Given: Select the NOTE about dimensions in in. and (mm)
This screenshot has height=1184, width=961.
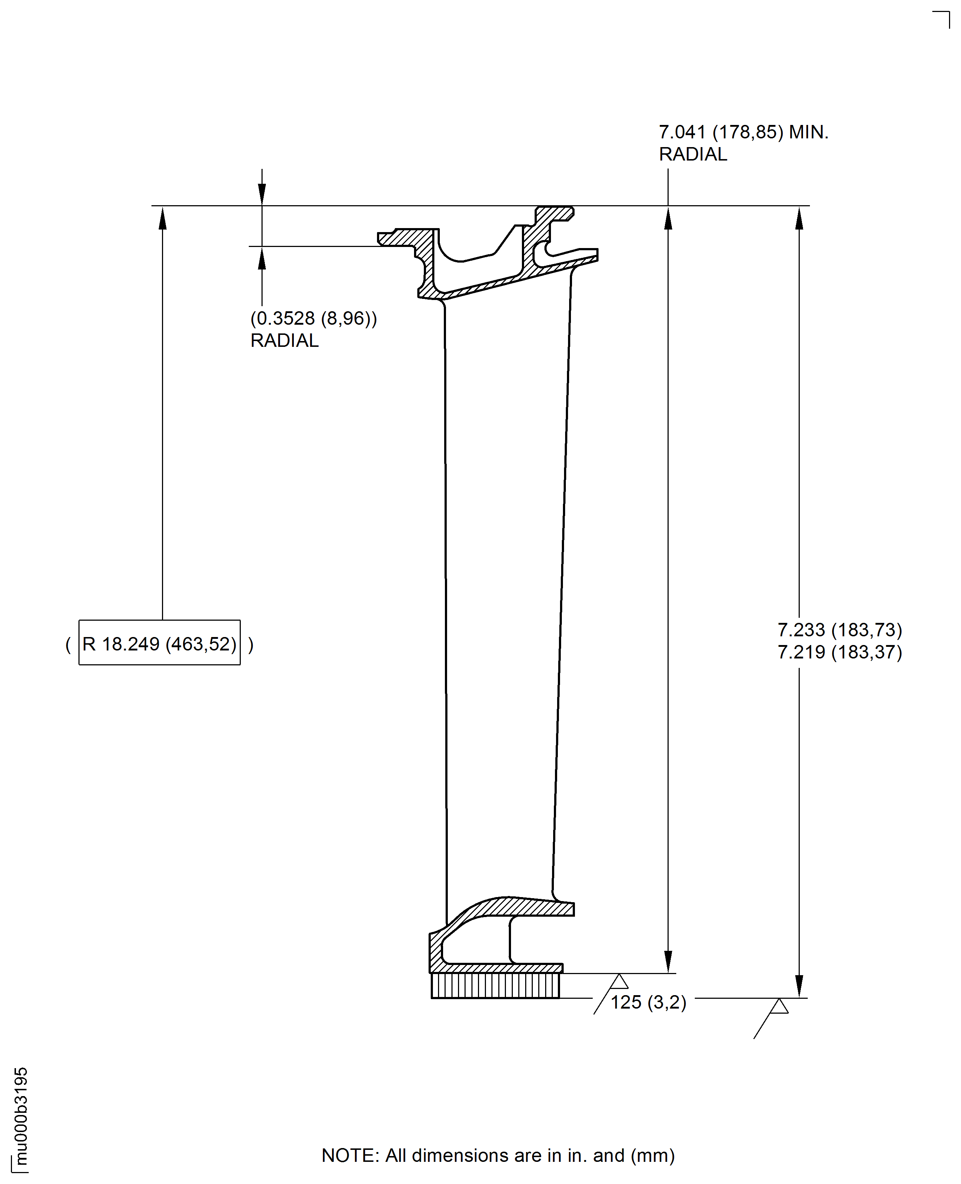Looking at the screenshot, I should [x=498, y=1155].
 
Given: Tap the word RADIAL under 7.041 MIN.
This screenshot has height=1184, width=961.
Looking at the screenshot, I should [x=693, y=154].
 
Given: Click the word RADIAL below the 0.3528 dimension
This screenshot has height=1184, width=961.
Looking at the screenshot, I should [x=284, y=340].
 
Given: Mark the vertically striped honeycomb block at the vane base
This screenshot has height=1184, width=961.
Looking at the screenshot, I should [x=495, y=986].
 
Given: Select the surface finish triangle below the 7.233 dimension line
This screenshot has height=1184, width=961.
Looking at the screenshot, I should [x=779, y=1006].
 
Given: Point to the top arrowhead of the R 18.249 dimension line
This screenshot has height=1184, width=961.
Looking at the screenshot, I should [x=163, y=218].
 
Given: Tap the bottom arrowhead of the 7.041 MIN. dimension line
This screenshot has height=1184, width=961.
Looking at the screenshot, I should [x=668, y=961].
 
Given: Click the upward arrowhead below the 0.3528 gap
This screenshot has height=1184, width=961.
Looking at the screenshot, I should [x=262, y=258].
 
